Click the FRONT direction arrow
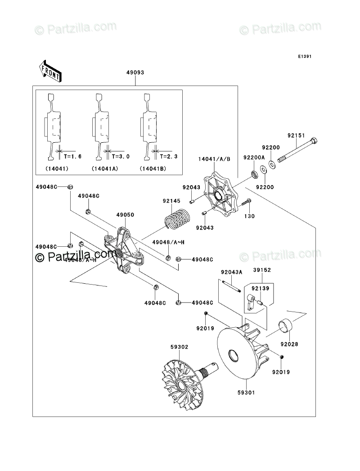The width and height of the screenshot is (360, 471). click(50, 71)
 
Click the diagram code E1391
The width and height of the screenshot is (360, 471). click(304, 57)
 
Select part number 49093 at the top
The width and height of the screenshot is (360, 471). click(135, 72)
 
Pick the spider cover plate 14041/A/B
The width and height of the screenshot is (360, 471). click(220, 195)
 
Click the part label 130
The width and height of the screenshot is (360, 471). click(249, 216)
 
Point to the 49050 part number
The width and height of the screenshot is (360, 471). click(125, 215)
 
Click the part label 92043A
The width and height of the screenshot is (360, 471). click(231, 272)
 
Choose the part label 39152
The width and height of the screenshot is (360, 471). click(261, 270)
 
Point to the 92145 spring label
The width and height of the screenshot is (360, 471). click(171, 201)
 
